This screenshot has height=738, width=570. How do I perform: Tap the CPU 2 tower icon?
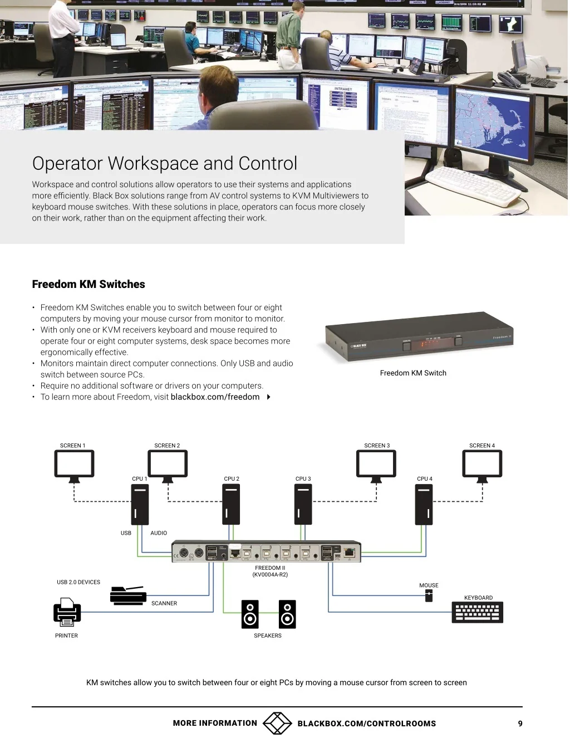coord(231,504)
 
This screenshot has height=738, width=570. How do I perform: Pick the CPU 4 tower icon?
coord(424,504)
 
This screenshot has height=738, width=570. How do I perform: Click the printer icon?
coord(67,611)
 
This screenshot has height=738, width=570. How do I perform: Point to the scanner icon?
coord(128,595)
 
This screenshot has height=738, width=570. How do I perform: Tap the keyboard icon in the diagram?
coord(477,612)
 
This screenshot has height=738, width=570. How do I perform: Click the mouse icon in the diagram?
coord(429,596)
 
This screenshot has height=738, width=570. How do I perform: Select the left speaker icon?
coord(250,614)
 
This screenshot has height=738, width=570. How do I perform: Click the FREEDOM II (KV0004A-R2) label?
coord(270,571)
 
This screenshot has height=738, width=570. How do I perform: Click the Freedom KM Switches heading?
coord(89,284)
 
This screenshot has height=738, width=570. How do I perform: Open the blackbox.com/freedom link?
coord(215,397)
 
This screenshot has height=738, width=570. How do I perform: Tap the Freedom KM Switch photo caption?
coord(413,373)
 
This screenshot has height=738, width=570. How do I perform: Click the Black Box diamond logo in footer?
coord(277,723)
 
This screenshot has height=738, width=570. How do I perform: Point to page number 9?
coord(520,724)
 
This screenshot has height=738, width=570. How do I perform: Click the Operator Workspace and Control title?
coord(165,163)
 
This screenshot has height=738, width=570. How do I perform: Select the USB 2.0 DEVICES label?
coord(78,582)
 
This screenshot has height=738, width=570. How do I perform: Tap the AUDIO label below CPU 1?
coord(159,533)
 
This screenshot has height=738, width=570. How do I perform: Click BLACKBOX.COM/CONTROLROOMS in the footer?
coord(366,724)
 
